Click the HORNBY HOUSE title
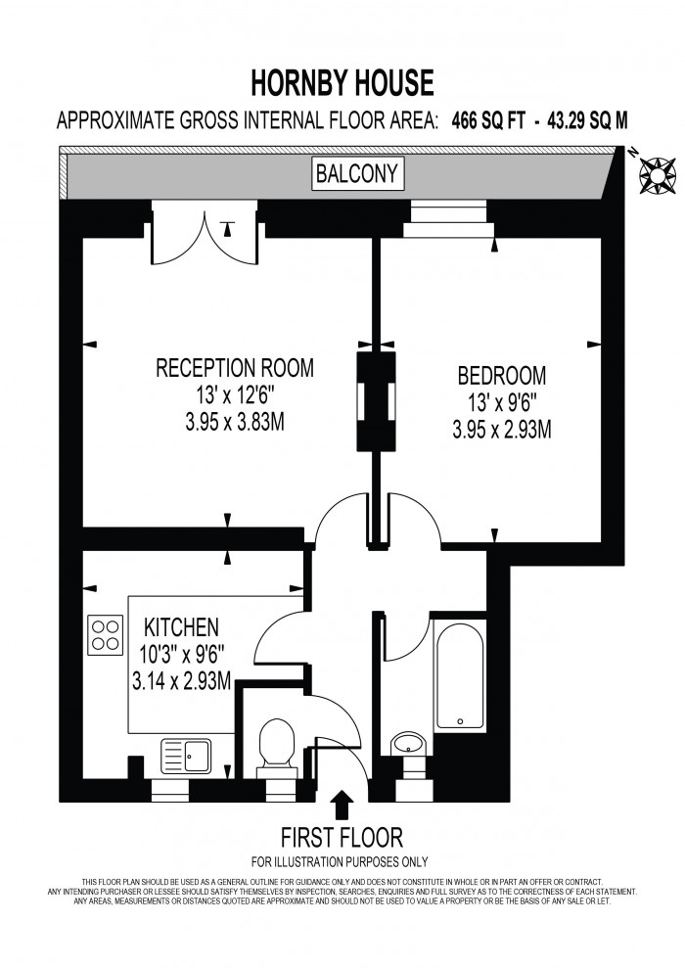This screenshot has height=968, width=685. (x=342, y=84)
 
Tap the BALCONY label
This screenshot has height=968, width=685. (x=343, y=174)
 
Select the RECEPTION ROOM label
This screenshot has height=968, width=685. (x=235, y=368)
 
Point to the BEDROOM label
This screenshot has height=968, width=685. (x=502, y=375)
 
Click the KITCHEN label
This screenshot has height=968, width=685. (x=181, y=626)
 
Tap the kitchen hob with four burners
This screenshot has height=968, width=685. (x=106, y=635)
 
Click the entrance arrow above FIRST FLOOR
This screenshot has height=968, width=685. (x=342, y=805)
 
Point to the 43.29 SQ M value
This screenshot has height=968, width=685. (x=583, y=120)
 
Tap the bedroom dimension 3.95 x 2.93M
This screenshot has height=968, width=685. (x=502, y=428)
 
